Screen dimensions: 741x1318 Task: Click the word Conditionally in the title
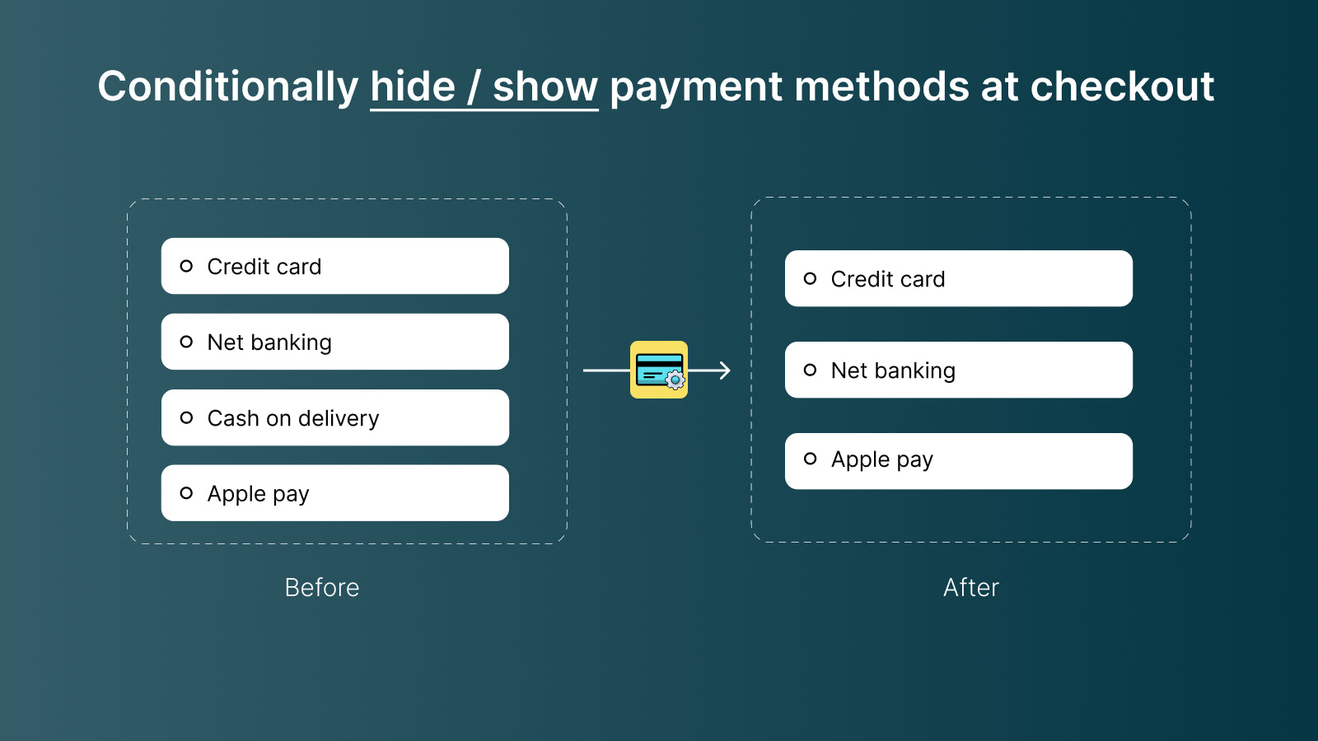(x=228, y=86)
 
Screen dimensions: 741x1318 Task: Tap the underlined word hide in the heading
(x=413, y=86)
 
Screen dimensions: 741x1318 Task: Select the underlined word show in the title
(x=544, y=86)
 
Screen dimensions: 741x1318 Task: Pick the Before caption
(x=322, y=587)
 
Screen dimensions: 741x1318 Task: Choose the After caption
(x=971, y=587)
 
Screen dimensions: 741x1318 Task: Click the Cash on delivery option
(x=293, y=418)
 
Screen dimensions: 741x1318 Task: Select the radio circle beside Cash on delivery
(x=186, y=417)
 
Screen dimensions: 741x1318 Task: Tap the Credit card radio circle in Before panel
(x=186, y=266)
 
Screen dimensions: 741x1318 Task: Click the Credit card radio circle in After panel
(x=810, y=278)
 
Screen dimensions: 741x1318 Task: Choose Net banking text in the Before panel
(x=269, y=343)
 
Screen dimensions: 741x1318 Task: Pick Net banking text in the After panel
(x=893, y=370)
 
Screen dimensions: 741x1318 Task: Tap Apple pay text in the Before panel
(x=258, y=494)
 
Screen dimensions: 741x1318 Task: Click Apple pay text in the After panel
(x=881, y=459)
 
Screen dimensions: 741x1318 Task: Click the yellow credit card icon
(x=658, y=370)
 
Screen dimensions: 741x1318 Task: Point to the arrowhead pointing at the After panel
(x=724, y=370)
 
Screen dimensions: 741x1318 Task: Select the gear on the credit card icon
(x=675, y=380)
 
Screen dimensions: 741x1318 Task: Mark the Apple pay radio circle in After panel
(x=810, y=459)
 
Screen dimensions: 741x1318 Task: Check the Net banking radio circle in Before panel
(x=186, y=342)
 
